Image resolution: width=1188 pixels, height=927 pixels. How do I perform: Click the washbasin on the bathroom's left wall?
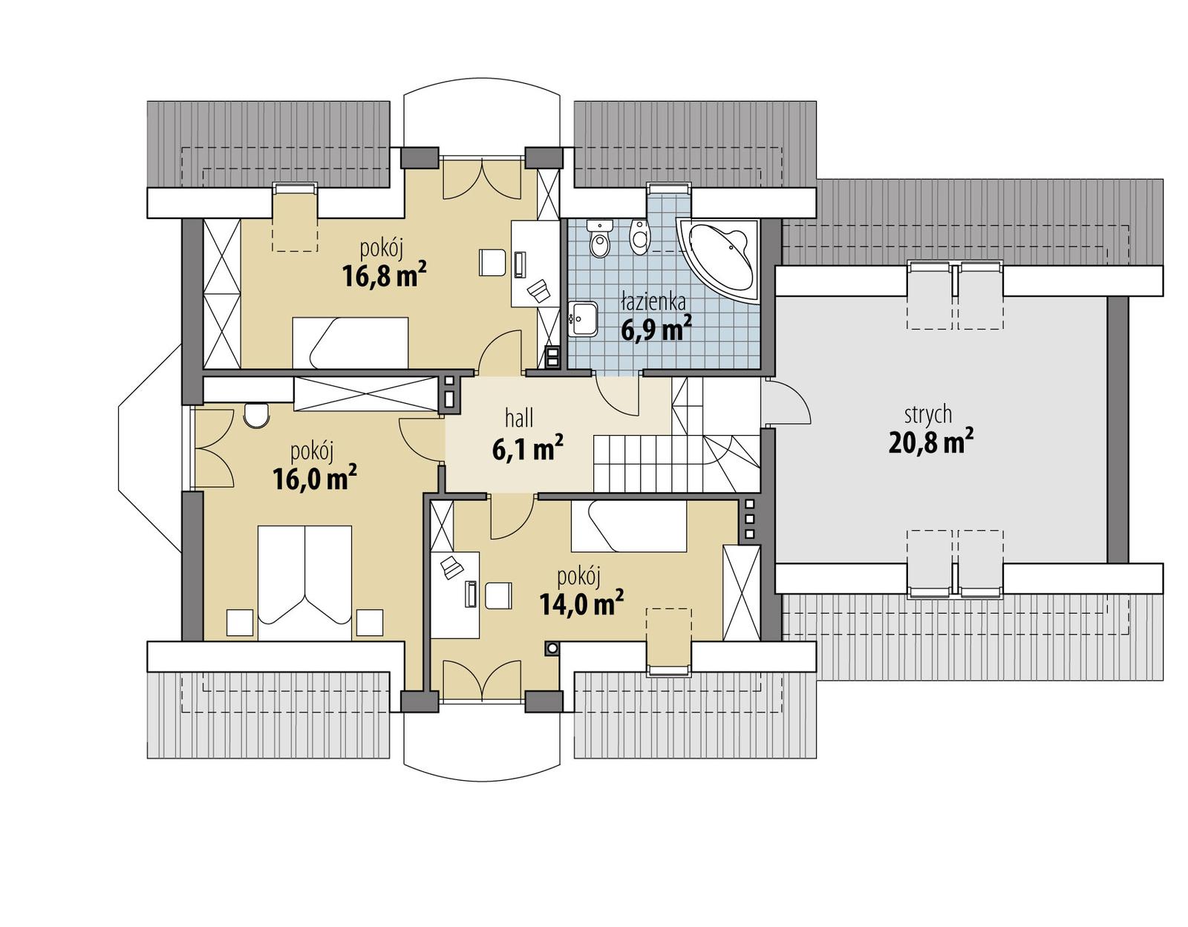pyautogui.click(x=584, y=318)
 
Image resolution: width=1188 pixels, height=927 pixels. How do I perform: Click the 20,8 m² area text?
pyautogui.click(x=930, y=442)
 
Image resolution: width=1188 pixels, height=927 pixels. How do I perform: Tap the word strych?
pyautogui.click(x=928, y=414)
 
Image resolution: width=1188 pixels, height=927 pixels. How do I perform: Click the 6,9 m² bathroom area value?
pyautogui.click(x=656, y=328)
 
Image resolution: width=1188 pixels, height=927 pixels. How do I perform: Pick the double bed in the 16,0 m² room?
pyautogui.click(x=304, y=583)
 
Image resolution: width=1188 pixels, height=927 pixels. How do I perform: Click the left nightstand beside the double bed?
pyautogui.click(x=240, y=622)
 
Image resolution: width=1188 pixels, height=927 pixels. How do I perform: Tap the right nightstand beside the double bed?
pyautogui.click(x=369, y=622)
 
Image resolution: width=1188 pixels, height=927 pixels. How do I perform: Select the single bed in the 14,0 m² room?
pyautogui.click(x=628, y=526)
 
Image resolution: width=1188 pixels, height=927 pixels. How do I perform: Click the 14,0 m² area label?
pyautogui.click(x=581, y=603)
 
